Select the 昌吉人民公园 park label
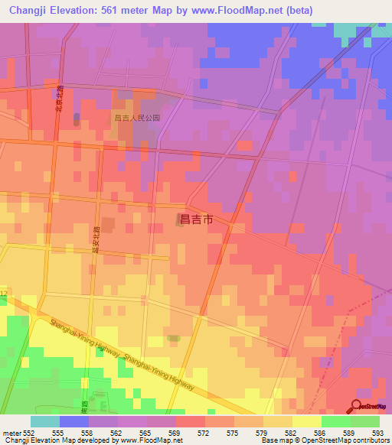(136, 119)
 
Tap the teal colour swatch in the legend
(44, 421)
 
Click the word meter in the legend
(11, 432)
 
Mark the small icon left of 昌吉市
(180, 220)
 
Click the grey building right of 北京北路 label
(77, 119)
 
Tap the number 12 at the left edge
(4, 294)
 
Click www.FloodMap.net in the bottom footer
(134, 440)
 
